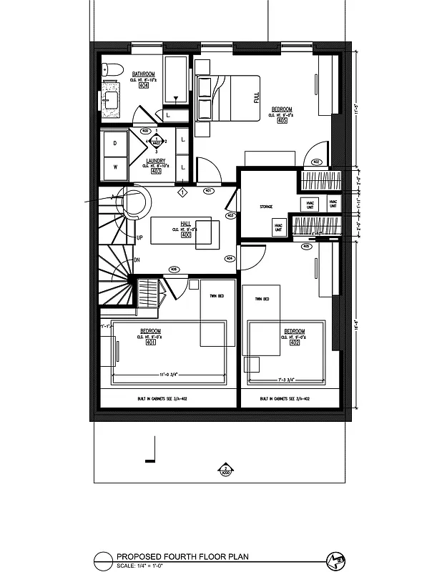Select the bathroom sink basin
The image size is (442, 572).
111,99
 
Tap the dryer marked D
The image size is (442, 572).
115,143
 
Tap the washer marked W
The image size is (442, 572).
115,167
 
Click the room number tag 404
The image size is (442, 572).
144,86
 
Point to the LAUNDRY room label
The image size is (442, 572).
155,162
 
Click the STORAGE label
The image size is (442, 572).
266,207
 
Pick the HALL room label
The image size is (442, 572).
185,224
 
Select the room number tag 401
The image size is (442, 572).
150,343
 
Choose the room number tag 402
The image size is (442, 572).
295,343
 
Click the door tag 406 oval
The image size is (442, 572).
173,269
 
